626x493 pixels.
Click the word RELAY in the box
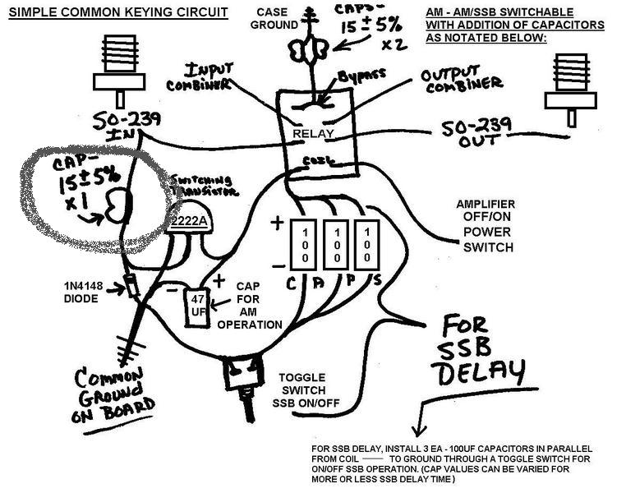pyautogui.click(x=315, y=131)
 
